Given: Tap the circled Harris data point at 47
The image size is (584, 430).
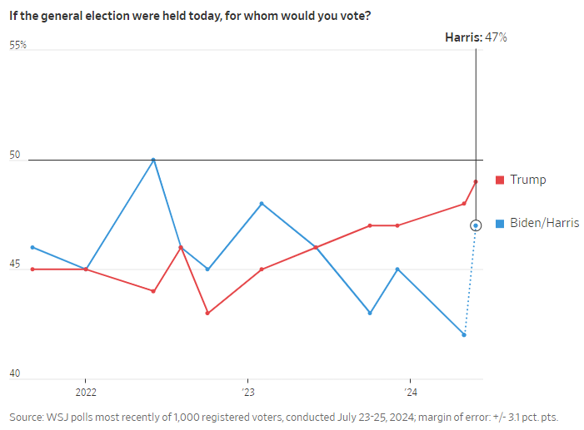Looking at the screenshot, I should (476, 225).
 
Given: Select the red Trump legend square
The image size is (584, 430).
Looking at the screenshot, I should (499, 180).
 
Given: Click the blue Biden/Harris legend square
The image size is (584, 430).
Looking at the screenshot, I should (499, 224).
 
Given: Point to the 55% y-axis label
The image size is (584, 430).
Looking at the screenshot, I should (18, 46).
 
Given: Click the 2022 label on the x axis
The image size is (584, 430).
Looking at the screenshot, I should (87, 392).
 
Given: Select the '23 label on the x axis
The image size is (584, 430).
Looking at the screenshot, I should (249, 392).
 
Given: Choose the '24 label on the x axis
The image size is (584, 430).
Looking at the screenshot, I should (410, 392).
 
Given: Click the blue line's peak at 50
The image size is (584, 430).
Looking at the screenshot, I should (153, 160).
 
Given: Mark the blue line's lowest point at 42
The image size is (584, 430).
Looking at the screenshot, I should (464, 335).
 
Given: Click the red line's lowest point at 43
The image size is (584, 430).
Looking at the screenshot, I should (207, 313).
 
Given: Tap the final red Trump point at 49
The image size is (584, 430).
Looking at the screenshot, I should (476, 181).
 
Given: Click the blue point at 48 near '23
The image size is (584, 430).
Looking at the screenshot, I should (262, 204).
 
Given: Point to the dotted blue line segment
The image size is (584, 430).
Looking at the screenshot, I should (469, 283).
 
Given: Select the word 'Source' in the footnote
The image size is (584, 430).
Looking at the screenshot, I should (27, 417).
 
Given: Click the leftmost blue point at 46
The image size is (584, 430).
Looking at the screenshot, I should (32, 247).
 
